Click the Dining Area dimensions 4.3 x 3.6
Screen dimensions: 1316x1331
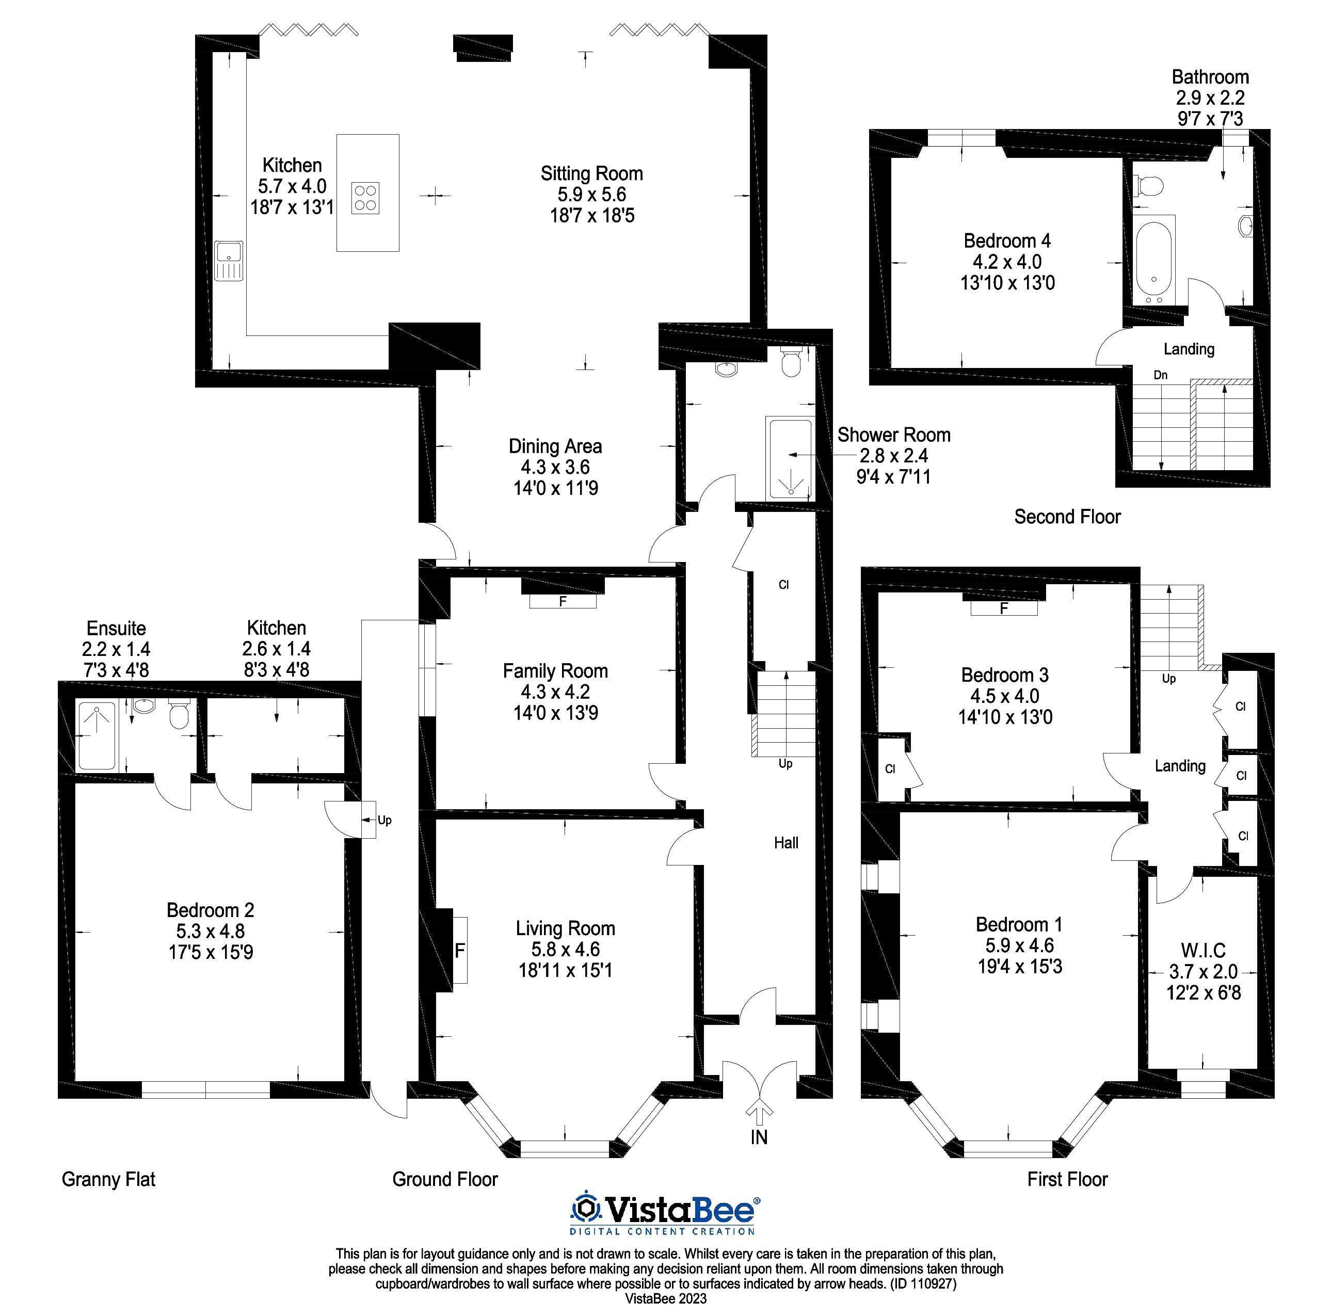coord(555,467)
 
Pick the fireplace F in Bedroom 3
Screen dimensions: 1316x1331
coord(1004,608)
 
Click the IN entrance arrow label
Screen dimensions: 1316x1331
coord(759,1137)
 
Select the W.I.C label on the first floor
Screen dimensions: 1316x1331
coord(1203,951)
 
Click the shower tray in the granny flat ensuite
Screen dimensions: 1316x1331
coord(97,736)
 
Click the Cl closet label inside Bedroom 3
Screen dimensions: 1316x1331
coord(890,768)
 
